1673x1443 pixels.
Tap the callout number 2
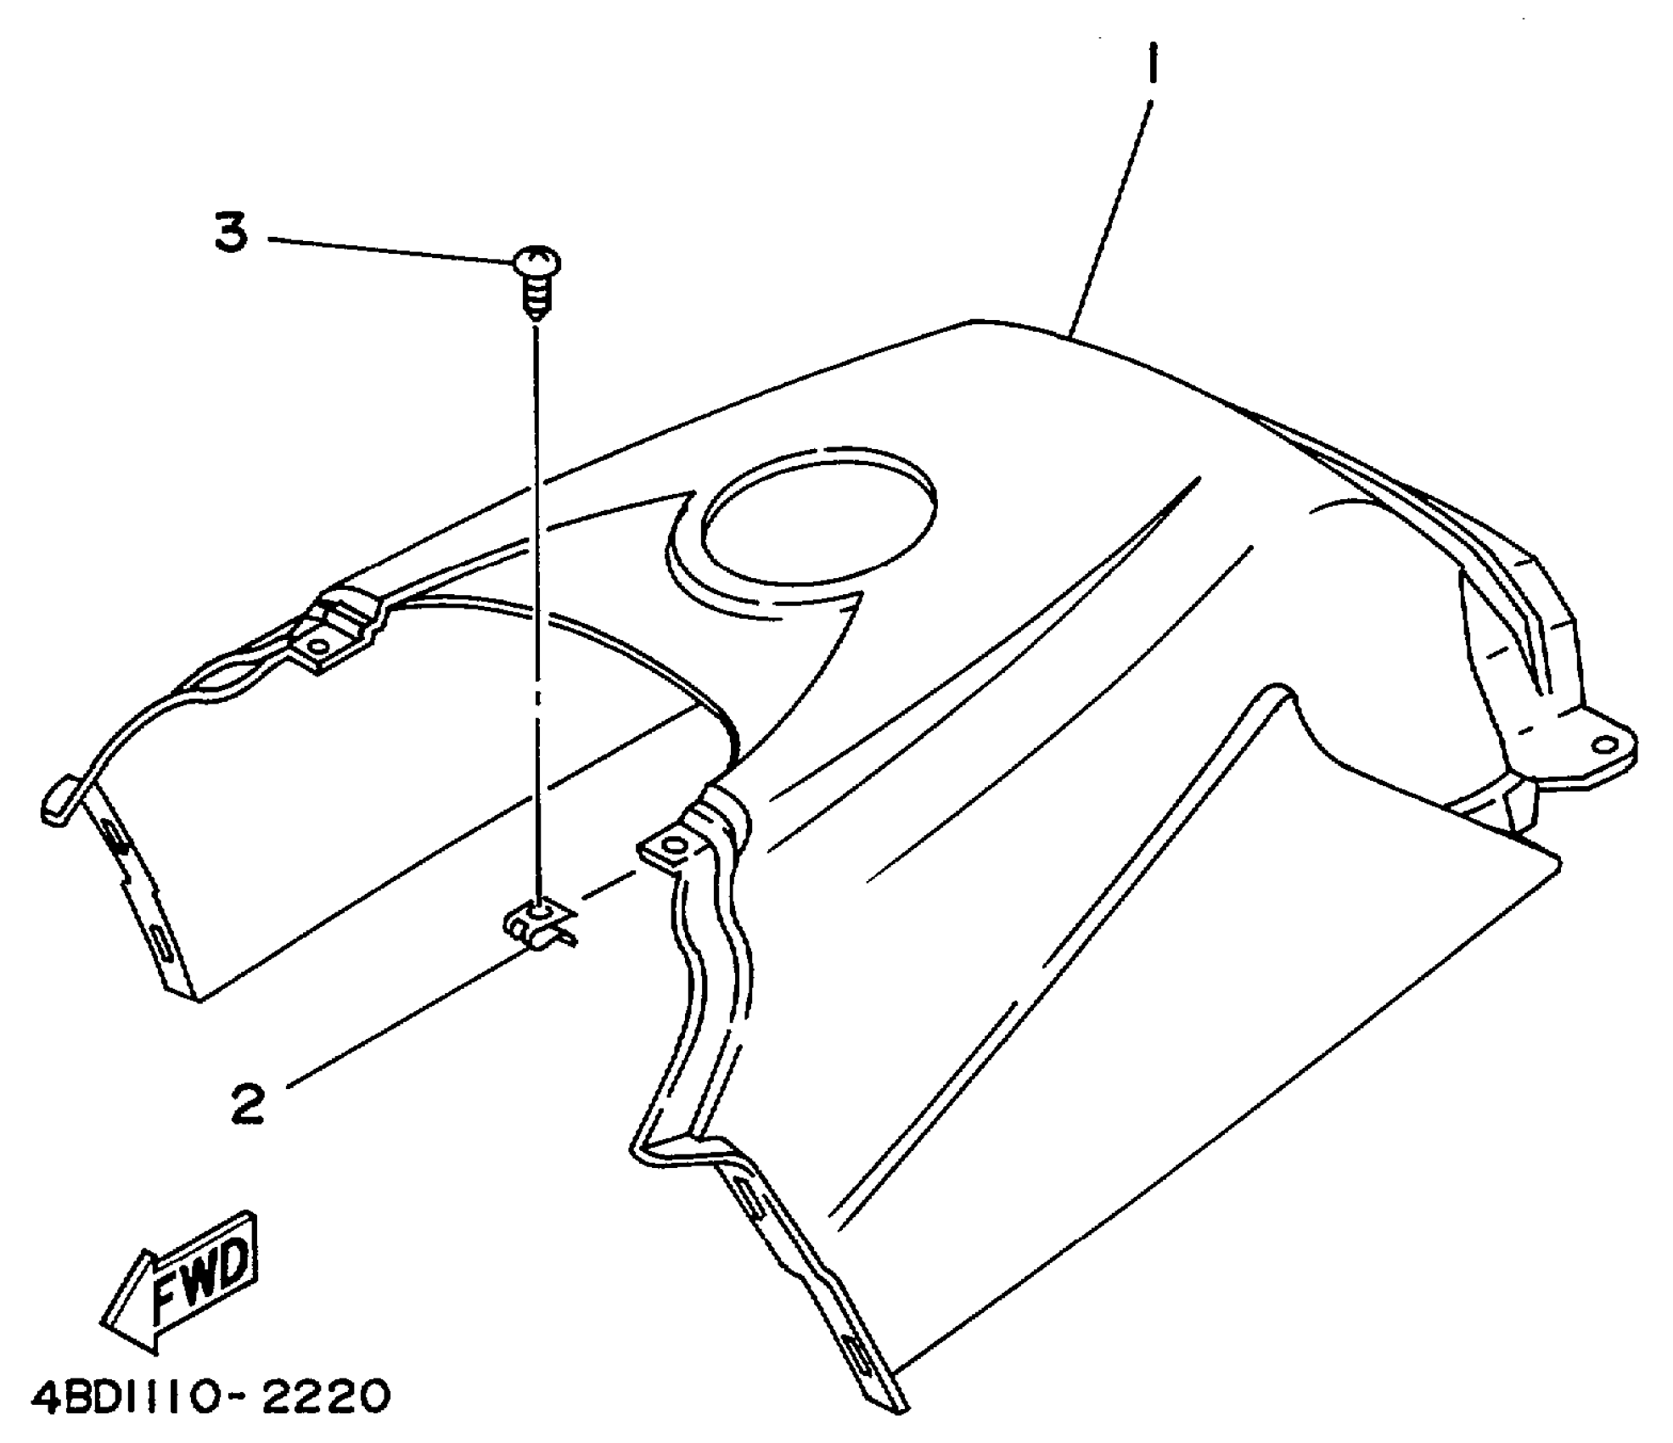click(248, 1103)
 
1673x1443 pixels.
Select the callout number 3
click(231, 233)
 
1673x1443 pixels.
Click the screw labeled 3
click(536, 280)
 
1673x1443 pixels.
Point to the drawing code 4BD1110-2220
click(211, 1396)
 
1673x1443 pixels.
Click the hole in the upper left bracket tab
click(320, 649)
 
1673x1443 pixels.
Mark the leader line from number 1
click(1109, 221)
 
